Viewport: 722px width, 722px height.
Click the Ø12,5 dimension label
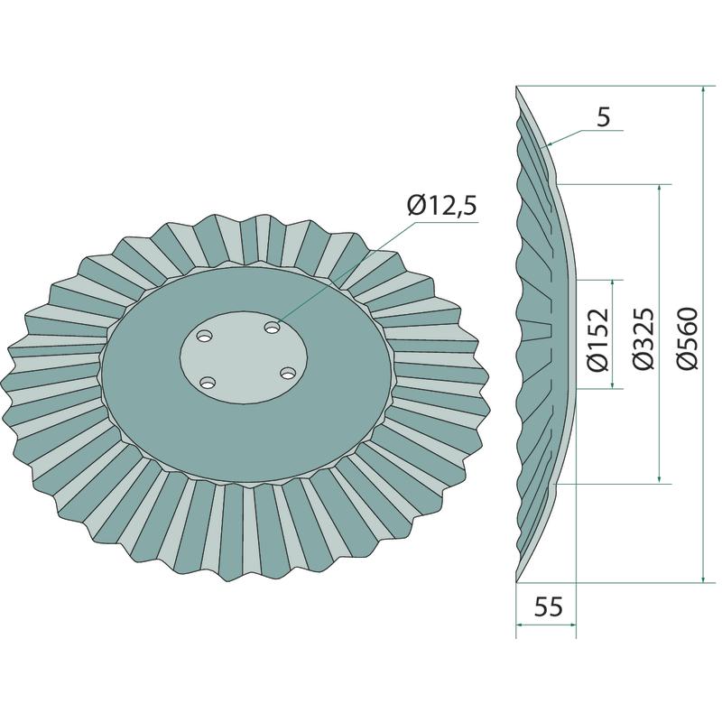(x=441, y=206)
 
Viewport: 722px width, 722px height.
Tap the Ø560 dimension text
(x=688, y=338)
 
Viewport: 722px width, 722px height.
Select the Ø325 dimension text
(x=643, y=338)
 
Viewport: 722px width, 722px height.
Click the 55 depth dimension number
(x=549, y=606)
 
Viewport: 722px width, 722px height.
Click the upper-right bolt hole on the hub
(x=273, y=328)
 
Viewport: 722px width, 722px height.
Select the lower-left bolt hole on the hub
(x=208, y=382)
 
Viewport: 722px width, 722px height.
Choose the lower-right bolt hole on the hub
(x=288, y=373)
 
